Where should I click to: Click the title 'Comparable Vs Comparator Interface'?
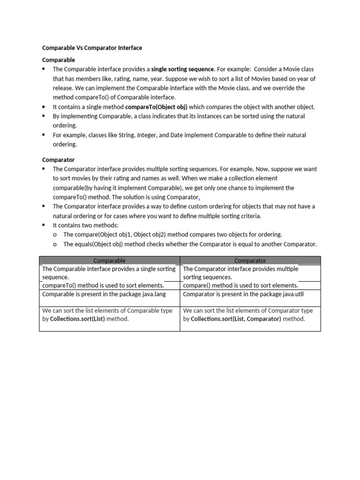(x=92, y=48)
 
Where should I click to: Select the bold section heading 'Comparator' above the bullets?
(x=58, y=160)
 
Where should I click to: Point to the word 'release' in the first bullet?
(x=63, y=88)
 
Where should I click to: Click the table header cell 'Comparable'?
(x=109, y=261)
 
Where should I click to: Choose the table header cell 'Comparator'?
(x=250, y=261)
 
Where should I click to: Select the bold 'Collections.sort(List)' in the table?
(x=77, y=319)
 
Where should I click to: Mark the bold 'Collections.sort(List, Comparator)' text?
(x=236, y=319)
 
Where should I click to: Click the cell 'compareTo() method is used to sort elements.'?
(x=103, y=285)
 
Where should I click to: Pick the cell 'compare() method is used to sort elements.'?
(x=240, y=285)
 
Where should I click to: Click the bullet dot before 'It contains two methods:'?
(x=44, y=225)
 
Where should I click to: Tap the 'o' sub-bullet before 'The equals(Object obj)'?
(x=55, y=244)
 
